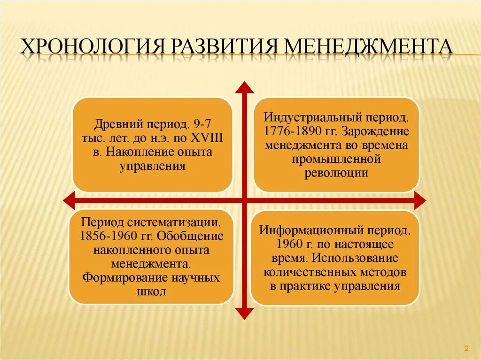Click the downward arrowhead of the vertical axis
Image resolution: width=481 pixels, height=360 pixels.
pyautogui.click(x=244, y=313)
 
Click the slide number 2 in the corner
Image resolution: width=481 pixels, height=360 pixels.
pyautogui.click(x=466, y=348)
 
